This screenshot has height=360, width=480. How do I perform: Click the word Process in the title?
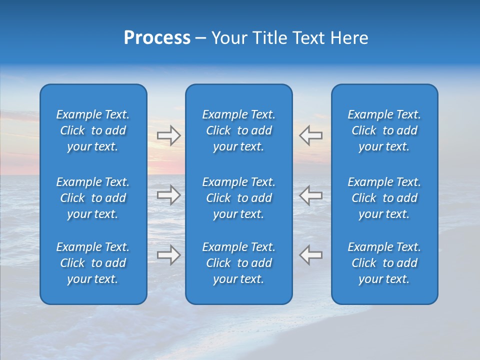point(157,38)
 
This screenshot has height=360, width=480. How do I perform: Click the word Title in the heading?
point(270,38)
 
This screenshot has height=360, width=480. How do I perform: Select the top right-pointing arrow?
point(168,135)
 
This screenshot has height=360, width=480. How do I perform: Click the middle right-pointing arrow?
point(168,195)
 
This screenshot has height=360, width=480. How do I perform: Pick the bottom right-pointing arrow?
point(168,255)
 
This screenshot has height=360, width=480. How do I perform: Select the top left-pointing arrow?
point(310,135)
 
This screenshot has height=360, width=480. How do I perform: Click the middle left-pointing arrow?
point(310,195)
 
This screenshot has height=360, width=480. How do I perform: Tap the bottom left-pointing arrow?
point(310,255)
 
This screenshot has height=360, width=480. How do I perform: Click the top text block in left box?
point(93,130)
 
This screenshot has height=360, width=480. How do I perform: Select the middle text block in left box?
point(93,198)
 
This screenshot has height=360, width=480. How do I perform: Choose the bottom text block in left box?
point(93,263)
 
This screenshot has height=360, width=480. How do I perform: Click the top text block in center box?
point(238,130)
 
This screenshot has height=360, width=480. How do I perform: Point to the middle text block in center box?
point(238,198)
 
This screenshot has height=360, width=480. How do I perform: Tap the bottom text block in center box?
point(238,263)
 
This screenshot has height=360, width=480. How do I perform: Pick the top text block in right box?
point(384,130)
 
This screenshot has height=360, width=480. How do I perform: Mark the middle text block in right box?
point(384,198)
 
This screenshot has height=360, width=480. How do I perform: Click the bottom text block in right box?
point(384,263)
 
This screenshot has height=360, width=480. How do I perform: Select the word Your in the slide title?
point(229,38)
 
